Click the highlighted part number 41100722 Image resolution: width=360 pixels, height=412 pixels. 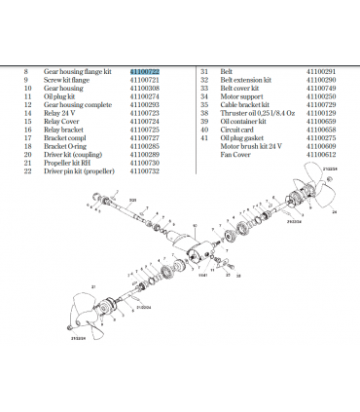pyautogui.click(x=145, y=72)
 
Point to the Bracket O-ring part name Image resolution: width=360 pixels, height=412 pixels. pyautogui.click(x=66, y=148)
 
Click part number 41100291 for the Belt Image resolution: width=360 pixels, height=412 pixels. pyautogui.click(x=320, y=72)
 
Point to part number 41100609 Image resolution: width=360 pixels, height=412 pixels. pyautogui.click(x=320, y=148)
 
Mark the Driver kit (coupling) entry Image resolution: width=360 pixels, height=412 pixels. pyautogui.click(x=72, y=155)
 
